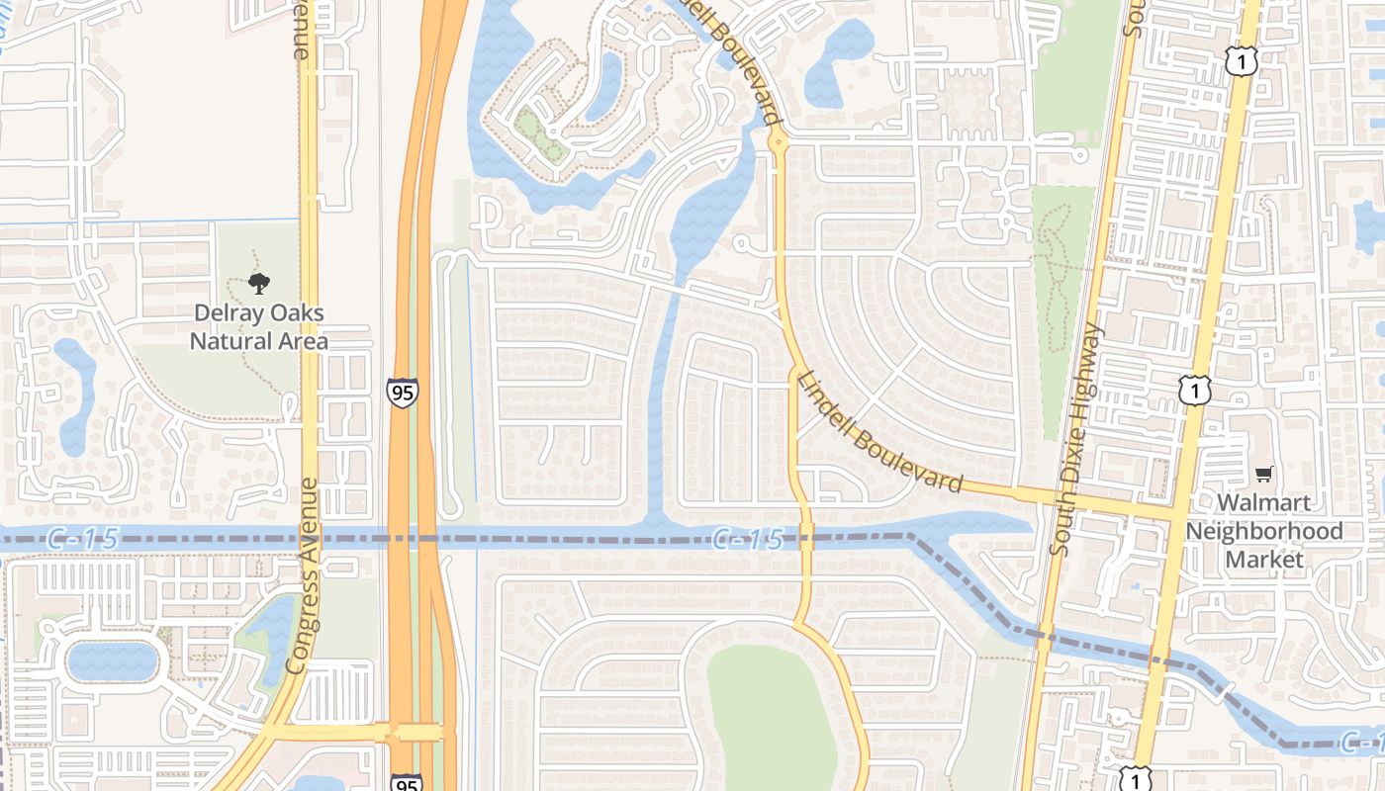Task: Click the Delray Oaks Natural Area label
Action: click(x=258, y=327)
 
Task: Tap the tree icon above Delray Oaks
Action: click(x=259, y=285)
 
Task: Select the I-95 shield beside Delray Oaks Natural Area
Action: click(x=402, y=392)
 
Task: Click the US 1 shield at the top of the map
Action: click(x=1241, y=62)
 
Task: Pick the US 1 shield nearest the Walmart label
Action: click(x=1195, y=390)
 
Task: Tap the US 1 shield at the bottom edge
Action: click(x=1136, y=779)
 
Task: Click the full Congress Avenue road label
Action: click(x=305, y=575)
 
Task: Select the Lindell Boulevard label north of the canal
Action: click(x=879, y=432)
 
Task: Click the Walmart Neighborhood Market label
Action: click(x=1264, y=531)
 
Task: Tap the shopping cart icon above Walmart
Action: click(x=1263, y=475)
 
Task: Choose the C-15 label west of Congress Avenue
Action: click(x=82, y=539)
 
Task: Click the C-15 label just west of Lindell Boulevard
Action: click(x=747, y=540)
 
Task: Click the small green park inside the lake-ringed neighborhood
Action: click(x=540, y=136)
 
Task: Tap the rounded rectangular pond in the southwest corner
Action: click(x=112, y=659)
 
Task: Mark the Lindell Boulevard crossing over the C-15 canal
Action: click(x=805, y=541)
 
